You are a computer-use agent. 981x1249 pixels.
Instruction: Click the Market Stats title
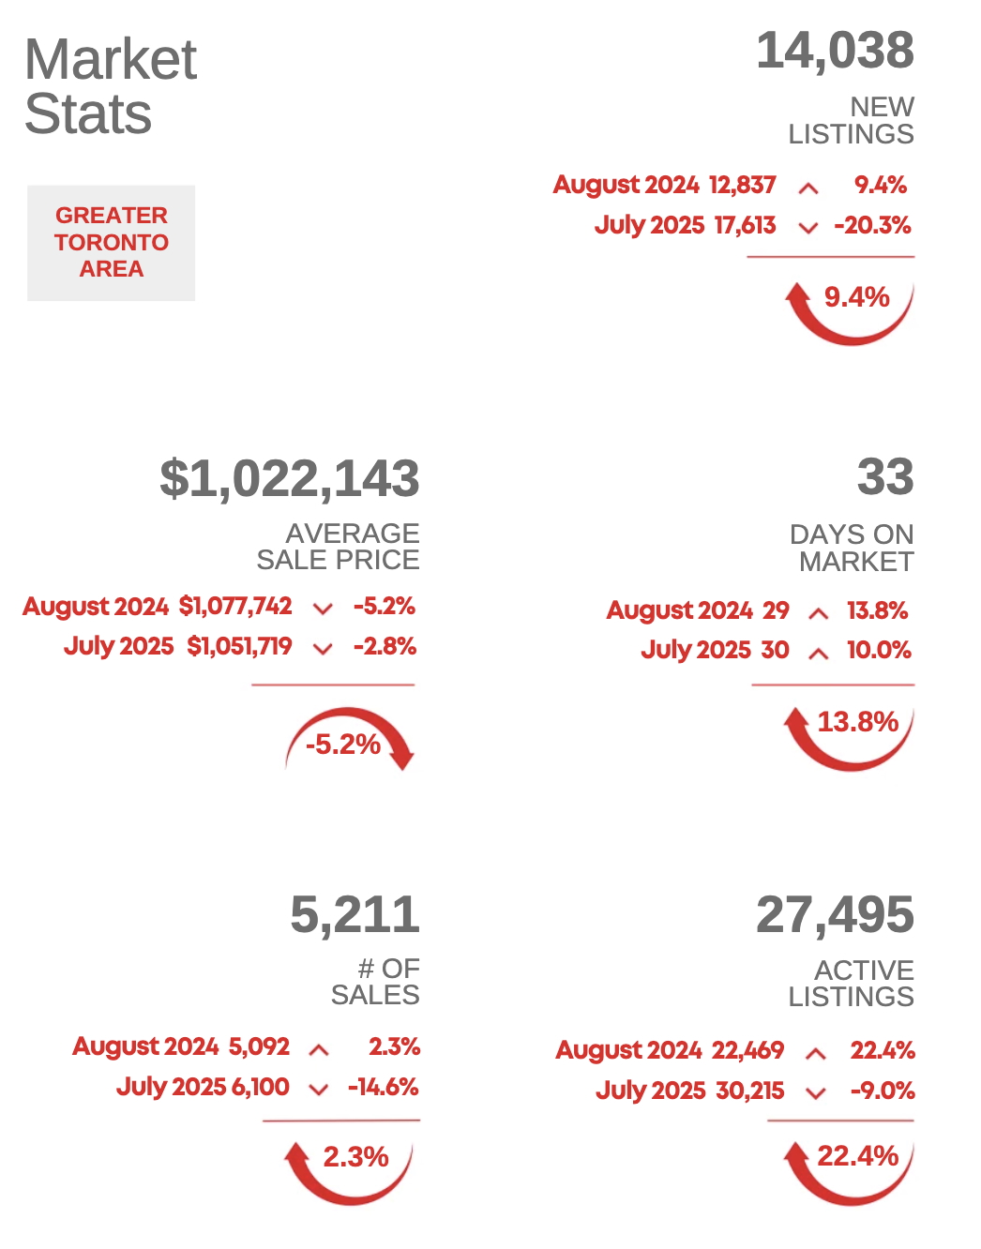(111, 86)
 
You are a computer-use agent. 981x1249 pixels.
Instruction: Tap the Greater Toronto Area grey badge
(111, 243)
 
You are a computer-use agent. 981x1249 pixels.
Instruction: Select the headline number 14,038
(835, 51)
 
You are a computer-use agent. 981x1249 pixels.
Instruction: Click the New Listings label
(852, 120)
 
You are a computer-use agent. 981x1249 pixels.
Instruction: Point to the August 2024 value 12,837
(742, 185)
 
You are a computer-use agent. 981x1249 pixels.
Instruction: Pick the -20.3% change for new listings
(872, 225)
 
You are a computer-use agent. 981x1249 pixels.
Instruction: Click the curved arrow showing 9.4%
(849, 309)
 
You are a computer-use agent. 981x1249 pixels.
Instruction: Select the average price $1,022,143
(290, 478)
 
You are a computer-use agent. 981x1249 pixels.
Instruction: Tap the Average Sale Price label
(339, 546)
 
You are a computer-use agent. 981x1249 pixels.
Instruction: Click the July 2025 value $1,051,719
(239, 646)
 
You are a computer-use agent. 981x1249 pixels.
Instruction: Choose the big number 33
(884, 476)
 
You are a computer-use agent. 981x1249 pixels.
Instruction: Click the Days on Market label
(852, 548)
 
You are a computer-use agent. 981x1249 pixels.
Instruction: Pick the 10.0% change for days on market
(879, 650)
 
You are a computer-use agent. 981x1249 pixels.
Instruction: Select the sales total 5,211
(355, 914)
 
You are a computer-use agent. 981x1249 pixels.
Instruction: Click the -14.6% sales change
(383, 1087)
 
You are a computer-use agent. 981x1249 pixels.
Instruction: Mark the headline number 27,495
(835, 914)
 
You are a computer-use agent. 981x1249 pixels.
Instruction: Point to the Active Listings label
(852, 983)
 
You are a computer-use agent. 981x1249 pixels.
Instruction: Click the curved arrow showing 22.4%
(849, 1167)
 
